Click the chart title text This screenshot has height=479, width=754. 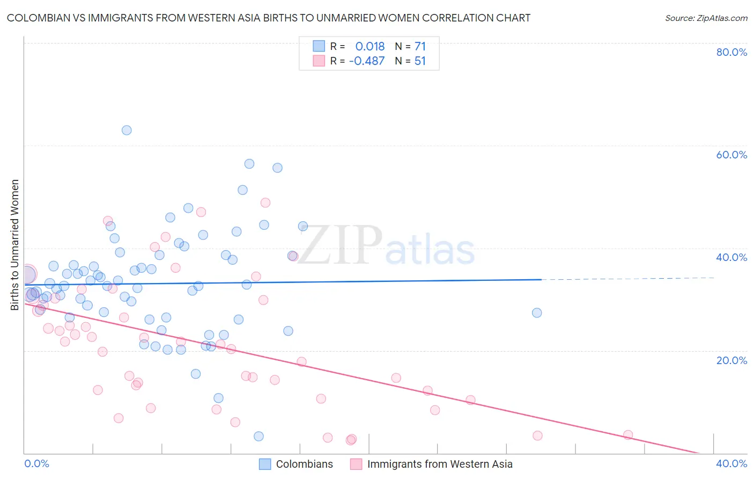coord(269,18)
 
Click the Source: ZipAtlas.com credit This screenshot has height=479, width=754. coord(706,18)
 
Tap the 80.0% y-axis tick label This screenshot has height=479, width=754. coord(731,52)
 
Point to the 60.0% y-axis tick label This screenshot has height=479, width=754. coord(731,155)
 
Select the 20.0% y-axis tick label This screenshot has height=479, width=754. coord(731,360)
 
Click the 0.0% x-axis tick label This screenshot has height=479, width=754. coord(36,463)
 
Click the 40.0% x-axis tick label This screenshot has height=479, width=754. coord(731,463)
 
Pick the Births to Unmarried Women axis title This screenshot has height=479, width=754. coord(15,245)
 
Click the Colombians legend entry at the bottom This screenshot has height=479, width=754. coord(304,464)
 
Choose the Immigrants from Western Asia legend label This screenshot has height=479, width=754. coord(440,464)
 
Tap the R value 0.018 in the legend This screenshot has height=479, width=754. coord(370,46)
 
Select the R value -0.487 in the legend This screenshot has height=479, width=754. coord(367,61)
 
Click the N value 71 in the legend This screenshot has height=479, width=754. coord(420,46)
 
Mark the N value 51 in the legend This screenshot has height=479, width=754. coord(420,61)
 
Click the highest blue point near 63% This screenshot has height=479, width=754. coord(127,130)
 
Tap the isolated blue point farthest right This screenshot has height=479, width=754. coord(537,313)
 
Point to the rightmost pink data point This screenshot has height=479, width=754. coord(628,435)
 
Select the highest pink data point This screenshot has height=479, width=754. coord(265,202)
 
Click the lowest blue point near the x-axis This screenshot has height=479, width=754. coord(258,436)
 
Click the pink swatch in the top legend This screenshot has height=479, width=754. coord(319,61)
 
